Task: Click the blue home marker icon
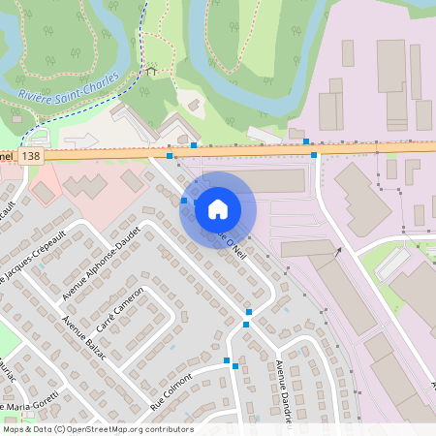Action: point(218,208)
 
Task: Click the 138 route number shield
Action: point(31,155)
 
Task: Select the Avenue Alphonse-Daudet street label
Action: point(101,262)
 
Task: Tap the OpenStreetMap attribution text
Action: point(97,429)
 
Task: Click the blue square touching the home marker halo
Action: point(185,200)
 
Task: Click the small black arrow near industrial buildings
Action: point(338,251)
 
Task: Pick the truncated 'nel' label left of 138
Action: point(7,155)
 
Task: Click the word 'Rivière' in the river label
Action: point(37,95)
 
